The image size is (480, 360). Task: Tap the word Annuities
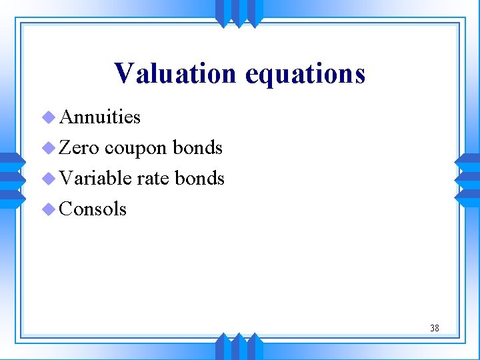pos(100,117)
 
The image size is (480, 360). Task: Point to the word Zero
pos(79,147)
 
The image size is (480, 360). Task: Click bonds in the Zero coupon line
pos(197,147)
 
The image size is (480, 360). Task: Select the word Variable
pos(95,178)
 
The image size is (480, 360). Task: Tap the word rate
pos(153,179)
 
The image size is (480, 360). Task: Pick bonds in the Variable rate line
pos(199,178)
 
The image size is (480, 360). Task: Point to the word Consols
pos(93,209)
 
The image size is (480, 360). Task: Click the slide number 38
pos(434,328)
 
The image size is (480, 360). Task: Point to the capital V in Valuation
pos(124,73)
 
